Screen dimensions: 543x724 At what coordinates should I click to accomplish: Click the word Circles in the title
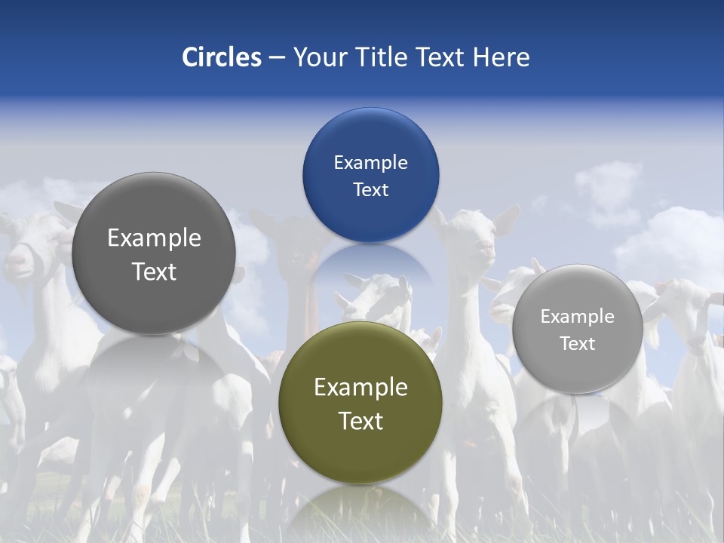click(221, 57)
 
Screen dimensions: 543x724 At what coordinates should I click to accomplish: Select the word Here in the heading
click(502, 57)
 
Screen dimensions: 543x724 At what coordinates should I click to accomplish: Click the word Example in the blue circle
click(370, 163)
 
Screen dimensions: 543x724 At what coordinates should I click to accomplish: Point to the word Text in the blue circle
click(370, 190)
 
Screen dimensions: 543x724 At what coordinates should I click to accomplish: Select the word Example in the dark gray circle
click(154, 238)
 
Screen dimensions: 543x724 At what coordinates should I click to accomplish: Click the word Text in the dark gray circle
click(154, 271)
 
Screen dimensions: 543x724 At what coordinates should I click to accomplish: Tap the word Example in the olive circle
click(360, 388)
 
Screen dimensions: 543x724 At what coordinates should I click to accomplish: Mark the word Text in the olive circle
click(360, 421)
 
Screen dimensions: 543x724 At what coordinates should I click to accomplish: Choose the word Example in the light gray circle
click(577, 317)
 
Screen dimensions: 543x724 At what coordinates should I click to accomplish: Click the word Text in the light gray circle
click(577, 344)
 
